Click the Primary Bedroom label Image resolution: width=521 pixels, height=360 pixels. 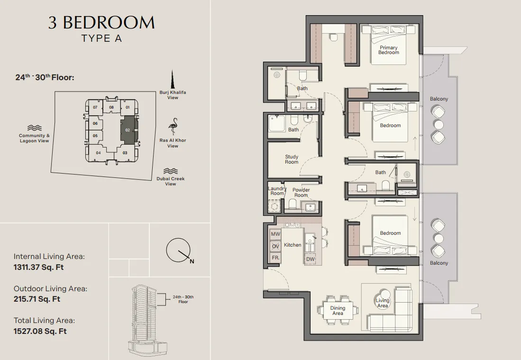[388, 50]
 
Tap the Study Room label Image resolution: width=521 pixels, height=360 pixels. [292, 159]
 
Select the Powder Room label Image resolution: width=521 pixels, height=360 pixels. [301, 193]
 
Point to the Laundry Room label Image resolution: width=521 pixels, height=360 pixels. [277, 191]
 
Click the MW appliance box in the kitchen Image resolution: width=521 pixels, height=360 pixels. [275, 234]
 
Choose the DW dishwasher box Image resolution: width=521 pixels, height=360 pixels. [310, 259]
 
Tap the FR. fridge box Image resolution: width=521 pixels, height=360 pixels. [275, 258]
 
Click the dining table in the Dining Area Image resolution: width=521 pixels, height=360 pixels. [338, 311]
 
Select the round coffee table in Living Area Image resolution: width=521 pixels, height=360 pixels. [383, 299]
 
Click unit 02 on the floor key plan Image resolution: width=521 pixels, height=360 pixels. [128, 130]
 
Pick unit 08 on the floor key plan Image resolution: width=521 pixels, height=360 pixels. [111, 107]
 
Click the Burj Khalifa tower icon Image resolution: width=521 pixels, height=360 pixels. [173, 79]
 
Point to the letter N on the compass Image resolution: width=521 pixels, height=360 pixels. [192, 261]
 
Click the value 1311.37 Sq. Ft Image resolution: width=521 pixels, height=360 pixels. [38, 267]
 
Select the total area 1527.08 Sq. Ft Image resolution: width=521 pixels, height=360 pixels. [40, 331]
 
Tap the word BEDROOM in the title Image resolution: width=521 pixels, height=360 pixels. [109, 23]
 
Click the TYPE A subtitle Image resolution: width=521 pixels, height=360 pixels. [102, 38]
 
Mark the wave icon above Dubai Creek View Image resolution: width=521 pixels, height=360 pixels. [171, 171]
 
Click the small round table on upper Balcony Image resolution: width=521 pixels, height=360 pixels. [439, 124]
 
